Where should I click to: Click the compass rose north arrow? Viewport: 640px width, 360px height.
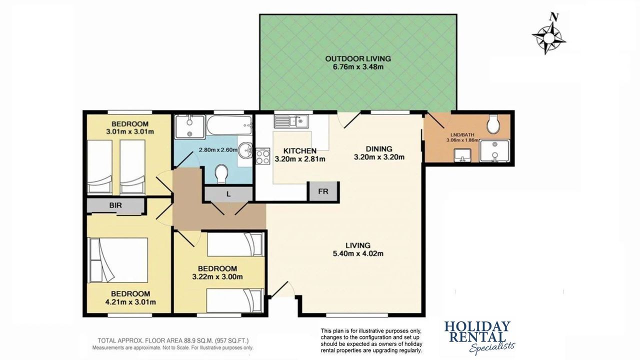(549, 36)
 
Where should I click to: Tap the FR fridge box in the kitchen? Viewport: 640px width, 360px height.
(323, 191)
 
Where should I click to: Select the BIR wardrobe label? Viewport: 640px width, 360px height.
(115, 205)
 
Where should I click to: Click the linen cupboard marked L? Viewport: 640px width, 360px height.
(228, 194)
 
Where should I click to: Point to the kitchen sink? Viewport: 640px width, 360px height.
(291, 121)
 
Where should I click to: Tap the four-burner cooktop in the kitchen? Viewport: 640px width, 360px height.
(262, 156)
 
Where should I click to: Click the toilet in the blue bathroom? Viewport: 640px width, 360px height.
(221, 173)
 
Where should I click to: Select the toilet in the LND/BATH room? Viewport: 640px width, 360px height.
(493, 124)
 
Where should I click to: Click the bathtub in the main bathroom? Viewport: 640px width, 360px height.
(229, 125)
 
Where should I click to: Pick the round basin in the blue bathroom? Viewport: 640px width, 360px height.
(245, 149)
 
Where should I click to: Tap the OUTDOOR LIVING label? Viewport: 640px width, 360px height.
(358, 59)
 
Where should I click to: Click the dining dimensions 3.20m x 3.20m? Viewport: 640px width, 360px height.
(379, 157)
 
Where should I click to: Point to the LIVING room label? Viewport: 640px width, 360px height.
(358, 245)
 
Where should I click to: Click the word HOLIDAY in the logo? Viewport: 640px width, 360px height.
(477, 326)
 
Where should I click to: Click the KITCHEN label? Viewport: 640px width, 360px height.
(299, 151)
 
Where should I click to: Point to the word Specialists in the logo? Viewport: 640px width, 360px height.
(492, 347)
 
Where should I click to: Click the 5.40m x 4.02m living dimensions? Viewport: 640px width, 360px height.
(358, 253)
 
